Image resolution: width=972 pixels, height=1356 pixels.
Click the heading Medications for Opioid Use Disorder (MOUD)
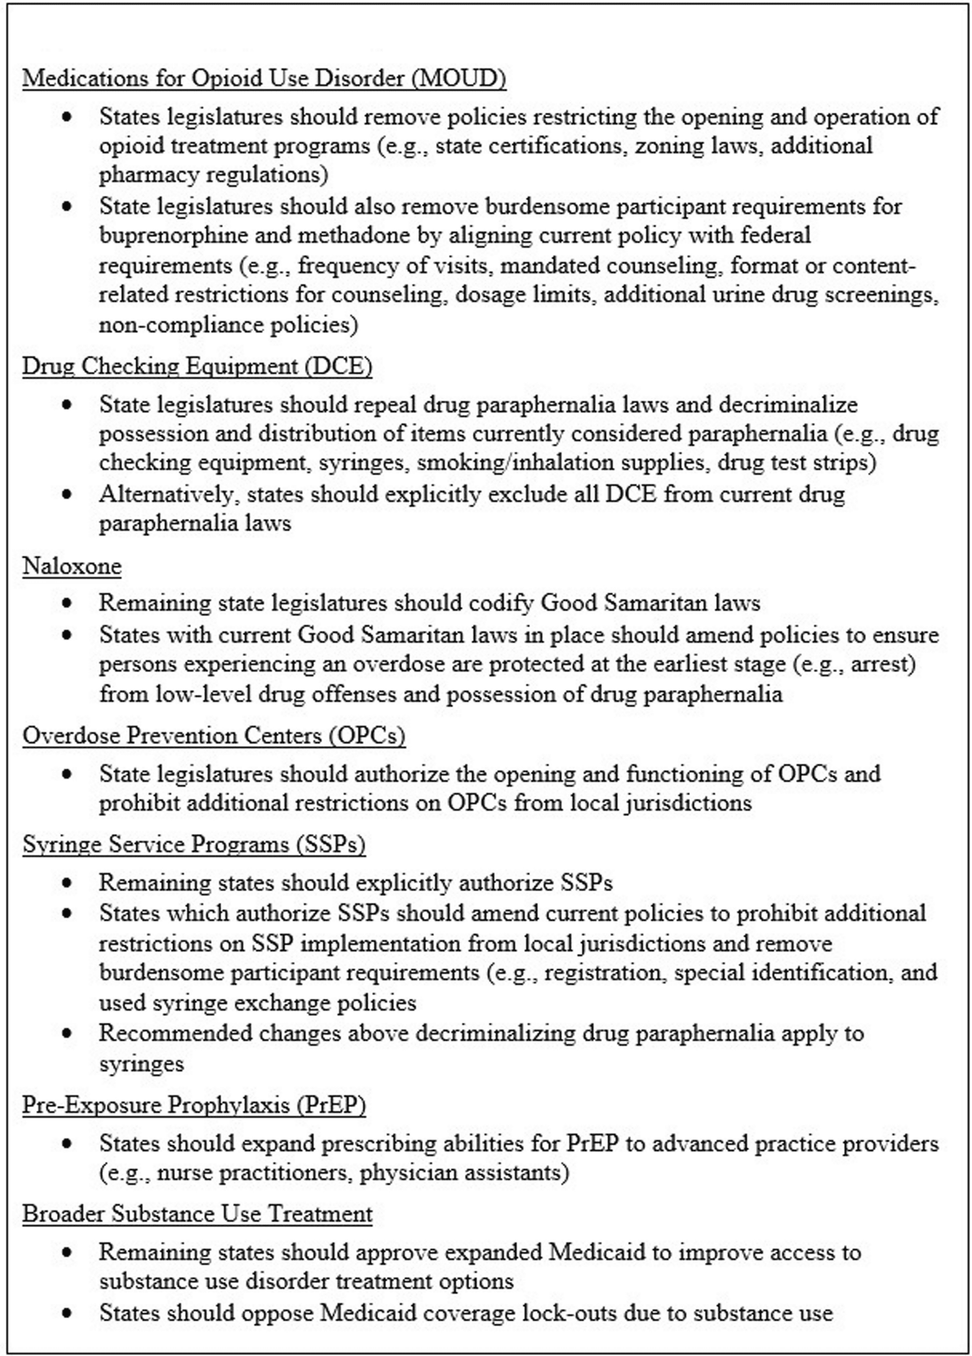[264, 78]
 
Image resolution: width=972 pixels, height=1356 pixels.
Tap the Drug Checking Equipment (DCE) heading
[197, 366]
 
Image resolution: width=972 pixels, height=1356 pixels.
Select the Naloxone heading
[72, 565]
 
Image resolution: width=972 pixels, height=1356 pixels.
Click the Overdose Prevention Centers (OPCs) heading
[213, 735]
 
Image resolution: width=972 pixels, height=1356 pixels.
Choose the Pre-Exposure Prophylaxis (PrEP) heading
[194, 1105]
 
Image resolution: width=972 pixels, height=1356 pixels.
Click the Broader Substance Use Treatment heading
[197, 1214]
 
